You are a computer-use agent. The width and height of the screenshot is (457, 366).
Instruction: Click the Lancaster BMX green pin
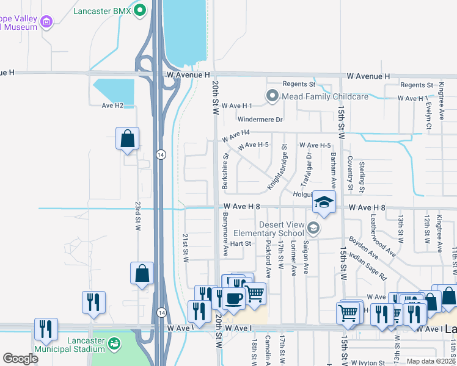140,10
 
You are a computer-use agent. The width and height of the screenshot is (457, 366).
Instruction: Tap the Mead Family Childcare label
324,96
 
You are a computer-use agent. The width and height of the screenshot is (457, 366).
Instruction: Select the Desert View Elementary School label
282,229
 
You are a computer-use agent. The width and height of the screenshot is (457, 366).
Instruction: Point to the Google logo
20,359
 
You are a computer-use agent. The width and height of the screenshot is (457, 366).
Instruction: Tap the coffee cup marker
234,298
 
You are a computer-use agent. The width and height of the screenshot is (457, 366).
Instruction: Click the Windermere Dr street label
260,120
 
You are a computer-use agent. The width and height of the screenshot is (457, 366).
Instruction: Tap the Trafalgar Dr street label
306,170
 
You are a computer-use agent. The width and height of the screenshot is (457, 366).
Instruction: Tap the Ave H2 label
112,106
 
